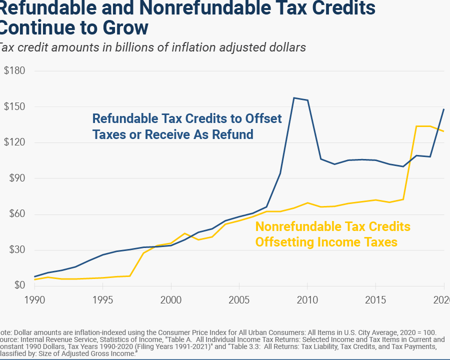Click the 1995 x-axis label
pyautogui.click(x=103, y=300)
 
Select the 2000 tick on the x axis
pyautogui.click(x=171, y=300)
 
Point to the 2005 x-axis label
pyautogui.click(x=239, y=300)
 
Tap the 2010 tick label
pyautogui.click(x=307, y=300)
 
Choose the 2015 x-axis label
pyautogui.click(x=375, y=300)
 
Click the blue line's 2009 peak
pyautogui.click(x=293, y=98)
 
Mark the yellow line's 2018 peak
pyautogui.click(x=416, y=126)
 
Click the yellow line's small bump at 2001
pyautogui.click(x=184, y=233)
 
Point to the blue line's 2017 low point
pyautogui.click(x=403, y=166)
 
